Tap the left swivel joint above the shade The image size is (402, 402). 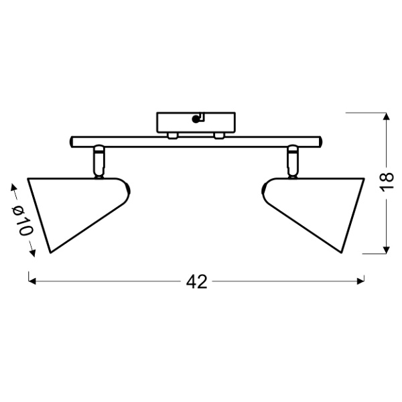click(98, 161)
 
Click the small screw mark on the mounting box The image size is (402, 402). click(197, 119)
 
